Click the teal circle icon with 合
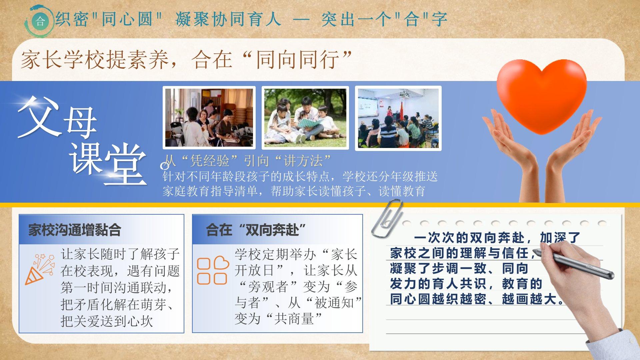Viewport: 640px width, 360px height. (x=40, y=21)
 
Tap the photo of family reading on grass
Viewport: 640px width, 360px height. (x=305, y=118)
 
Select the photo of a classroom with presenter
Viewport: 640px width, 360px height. (x=398, y=118)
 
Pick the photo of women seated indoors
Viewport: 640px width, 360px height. (x=209, y=118)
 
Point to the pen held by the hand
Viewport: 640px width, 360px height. (x=573, y=264)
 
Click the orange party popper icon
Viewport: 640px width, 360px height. (x=40, y=269)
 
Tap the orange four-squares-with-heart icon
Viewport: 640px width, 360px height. (x=213, y=270)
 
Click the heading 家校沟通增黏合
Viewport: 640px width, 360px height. (x=74, y=230)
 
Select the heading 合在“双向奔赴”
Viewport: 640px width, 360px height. (x=256, y=230)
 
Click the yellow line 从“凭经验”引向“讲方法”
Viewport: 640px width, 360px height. (x=247, y=161)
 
